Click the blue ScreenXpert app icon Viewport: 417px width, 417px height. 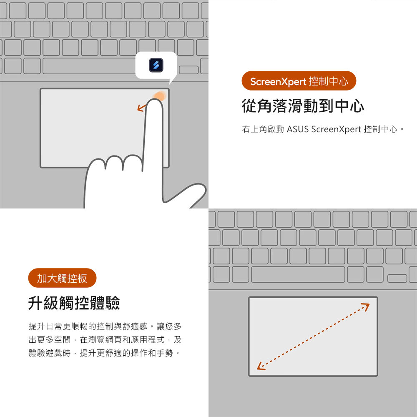click(156, 65)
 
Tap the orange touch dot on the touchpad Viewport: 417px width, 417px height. click(160, 96)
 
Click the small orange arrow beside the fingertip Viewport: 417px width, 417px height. click(142, 108)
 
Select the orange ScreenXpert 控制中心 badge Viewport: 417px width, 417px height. click(299, 81)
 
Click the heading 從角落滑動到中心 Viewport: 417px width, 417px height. click(303, 106)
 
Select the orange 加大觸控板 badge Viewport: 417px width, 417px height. click(62, 278)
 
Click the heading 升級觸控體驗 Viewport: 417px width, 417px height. click(74, 303)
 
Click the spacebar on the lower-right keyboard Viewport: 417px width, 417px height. click(298, 274)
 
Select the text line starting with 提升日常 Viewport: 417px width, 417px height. click(105, 326)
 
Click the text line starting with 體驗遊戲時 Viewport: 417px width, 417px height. click(104, 353)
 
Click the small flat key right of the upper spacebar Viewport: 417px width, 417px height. click(188, 70)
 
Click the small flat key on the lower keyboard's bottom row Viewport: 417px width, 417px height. click(397, 279)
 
